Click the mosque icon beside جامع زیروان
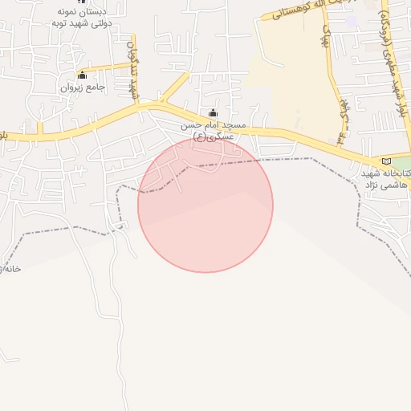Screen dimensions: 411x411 83,75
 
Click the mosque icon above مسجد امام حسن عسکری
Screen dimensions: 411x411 212,113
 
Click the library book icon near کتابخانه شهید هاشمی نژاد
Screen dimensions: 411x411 387,161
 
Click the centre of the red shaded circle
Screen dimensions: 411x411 205,205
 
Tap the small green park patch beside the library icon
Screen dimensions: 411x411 401,163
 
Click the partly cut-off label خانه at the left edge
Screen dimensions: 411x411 10,268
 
